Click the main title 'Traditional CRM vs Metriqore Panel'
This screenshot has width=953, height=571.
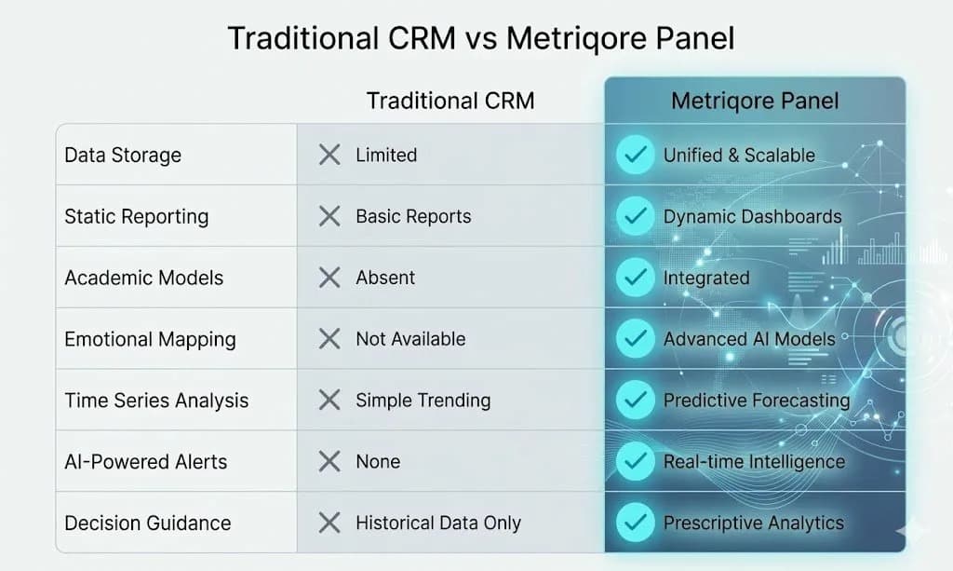[x=481, y=38]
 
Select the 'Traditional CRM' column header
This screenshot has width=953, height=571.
[x=450, y=101]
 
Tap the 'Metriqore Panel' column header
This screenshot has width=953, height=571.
[x=755, y=101]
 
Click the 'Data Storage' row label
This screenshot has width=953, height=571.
[x=123, y=155]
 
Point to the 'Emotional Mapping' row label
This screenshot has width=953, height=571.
[x=150, y=339]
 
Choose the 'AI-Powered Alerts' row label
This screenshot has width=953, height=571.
[x=145, y=461]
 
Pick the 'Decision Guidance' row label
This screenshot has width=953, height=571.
[x=147, y=523]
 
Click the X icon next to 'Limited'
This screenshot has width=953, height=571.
[x=329, y=155]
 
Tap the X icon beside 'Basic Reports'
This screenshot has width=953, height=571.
[x=329, y=216]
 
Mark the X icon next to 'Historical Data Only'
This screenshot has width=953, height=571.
[x=329, y=523]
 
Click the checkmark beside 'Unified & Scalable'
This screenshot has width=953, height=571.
[x=636, y=155]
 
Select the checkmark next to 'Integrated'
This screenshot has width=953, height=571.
[x=636, y=278]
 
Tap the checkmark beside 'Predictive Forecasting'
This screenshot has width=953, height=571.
[x=636, y=401]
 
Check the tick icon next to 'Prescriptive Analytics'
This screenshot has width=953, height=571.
[x=636, y=523]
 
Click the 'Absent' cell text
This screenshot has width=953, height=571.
[x=385, y=278]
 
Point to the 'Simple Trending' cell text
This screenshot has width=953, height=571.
[x=423, y=401]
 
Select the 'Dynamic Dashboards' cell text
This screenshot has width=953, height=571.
[x=752, y=216]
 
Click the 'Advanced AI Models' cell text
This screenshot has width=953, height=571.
[x=749, y=339]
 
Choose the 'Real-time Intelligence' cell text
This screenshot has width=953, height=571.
[x=754, y=461]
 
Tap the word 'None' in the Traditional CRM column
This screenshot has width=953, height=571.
[x=378, y=461]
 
